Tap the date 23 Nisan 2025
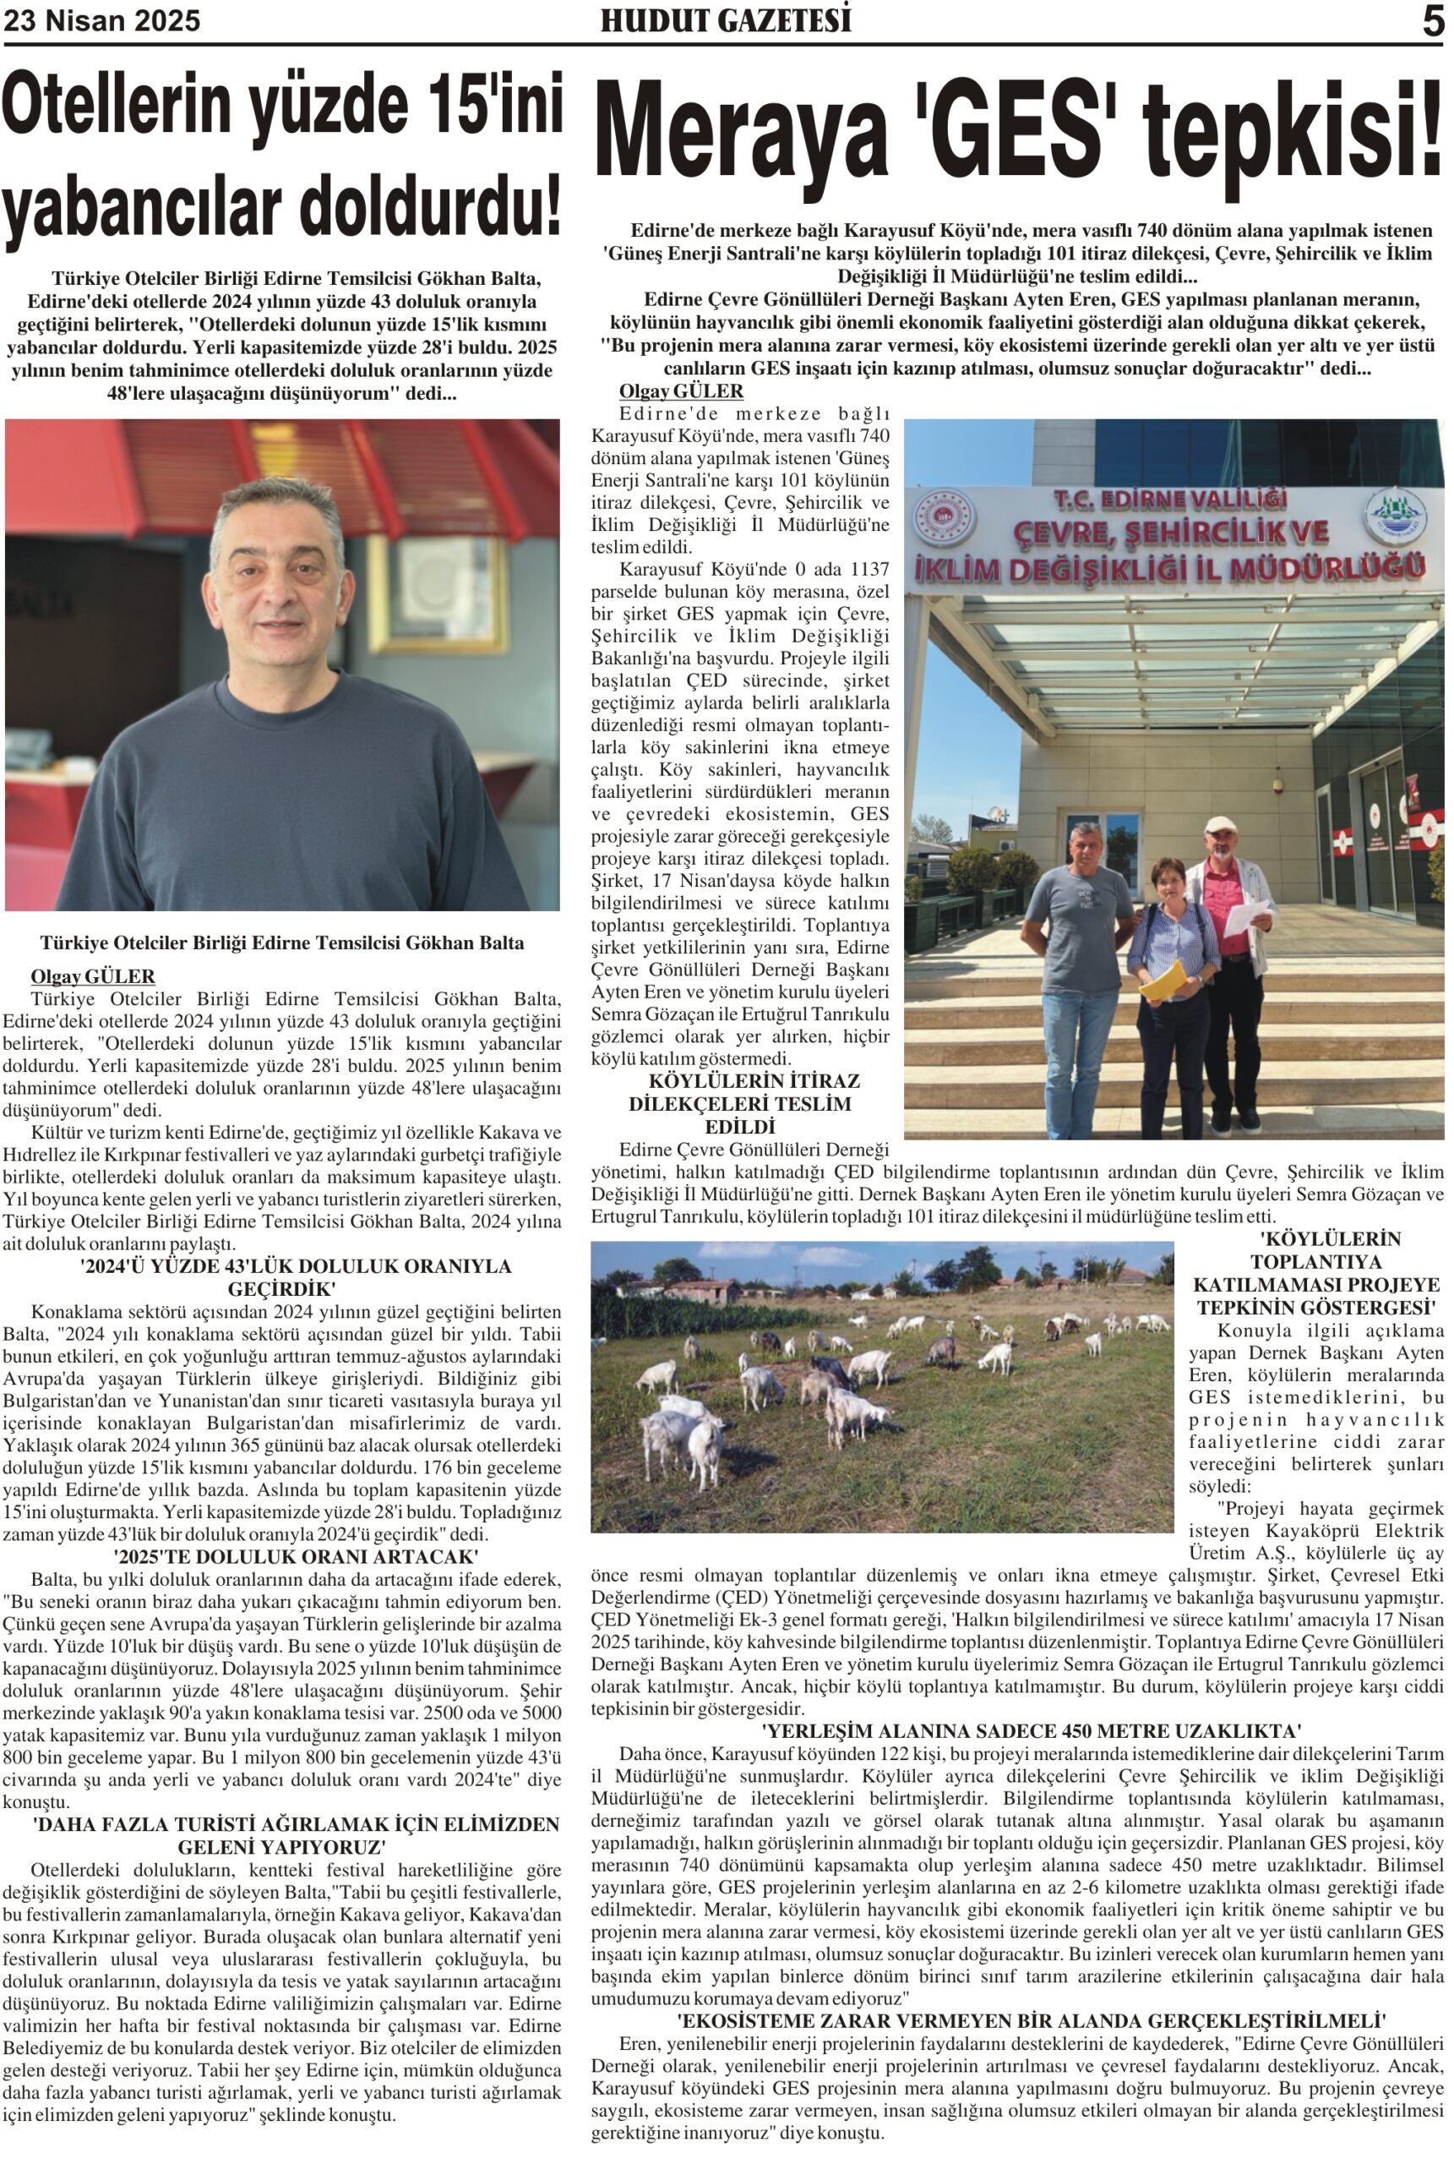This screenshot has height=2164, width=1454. (102, 21)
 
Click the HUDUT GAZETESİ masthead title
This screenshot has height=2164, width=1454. (725, 21)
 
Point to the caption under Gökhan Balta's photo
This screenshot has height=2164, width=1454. (282, 943)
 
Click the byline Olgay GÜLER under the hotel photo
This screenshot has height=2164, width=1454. (93, 975)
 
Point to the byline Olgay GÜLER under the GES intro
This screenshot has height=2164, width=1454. (681, 391)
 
